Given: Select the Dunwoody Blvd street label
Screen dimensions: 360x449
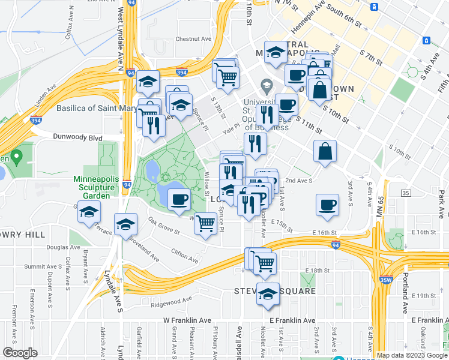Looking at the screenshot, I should pos(79,137).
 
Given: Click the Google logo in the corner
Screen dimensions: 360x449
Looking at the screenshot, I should pos(20,352).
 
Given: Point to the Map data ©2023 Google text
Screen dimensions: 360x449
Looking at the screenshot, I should pos(411,355).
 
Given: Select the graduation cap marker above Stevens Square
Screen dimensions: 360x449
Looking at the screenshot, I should pos(268,294).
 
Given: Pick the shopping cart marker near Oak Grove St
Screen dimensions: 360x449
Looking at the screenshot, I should pos(206,224).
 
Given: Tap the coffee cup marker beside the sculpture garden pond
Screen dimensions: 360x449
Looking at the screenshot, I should pos(179,199).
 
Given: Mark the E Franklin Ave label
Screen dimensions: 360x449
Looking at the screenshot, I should pos(292,320).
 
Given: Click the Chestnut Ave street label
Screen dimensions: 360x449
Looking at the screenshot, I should pos(193,39).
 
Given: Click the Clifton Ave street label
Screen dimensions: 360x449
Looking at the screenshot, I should pos(184,256).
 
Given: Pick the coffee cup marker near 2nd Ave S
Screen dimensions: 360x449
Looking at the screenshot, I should pos(328,205).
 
